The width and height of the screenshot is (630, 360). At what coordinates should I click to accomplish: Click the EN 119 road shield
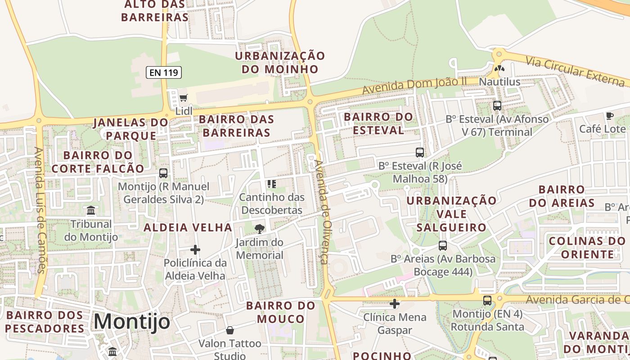pos(163,72)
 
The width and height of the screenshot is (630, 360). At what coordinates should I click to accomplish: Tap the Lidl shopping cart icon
pos(183,98)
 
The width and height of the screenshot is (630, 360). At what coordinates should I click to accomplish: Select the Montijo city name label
pos(132,322)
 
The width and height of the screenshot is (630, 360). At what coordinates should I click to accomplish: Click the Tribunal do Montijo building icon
pos(91,210)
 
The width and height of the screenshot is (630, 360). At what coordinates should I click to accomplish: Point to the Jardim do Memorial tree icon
pos(259,229)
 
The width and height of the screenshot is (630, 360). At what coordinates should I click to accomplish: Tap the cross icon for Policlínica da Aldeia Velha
pos(195,249)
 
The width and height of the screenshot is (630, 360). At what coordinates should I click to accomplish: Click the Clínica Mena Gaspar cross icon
pos(395,304)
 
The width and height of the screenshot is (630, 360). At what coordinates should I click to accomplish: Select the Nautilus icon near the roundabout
pos(499,69)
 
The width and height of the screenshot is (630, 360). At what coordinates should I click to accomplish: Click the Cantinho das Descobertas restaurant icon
pos(271,184)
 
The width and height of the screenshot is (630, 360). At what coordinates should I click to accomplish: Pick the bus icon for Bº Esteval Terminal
pos(497,106)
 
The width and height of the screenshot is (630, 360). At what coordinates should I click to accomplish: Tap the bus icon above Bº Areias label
pos(443,245)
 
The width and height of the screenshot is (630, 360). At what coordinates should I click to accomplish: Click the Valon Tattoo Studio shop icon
pos(230,330)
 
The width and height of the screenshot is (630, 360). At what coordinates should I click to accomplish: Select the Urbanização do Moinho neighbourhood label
pos(280,63)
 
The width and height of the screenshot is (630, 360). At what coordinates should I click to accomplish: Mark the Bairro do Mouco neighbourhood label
pos(281,312)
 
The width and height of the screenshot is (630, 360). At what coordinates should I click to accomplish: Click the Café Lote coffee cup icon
pos(610,116)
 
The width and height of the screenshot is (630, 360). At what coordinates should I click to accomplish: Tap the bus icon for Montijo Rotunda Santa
pos(487,301)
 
